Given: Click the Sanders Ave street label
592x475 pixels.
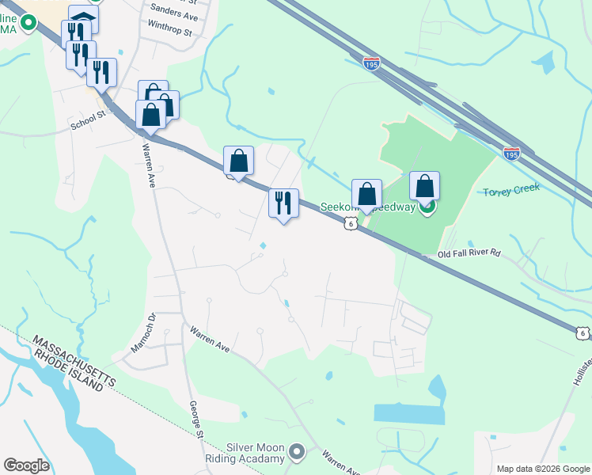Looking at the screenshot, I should click(x=174, y=15).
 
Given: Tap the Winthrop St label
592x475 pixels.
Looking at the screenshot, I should click(x=169, y=32).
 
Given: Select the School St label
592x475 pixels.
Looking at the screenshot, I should click(x=87, y=120).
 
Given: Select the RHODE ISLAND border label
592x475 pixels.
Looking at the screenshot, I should click(x=69, y=372).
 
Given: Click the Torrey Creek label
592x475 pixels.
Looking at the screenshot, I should click(x=511, y=189).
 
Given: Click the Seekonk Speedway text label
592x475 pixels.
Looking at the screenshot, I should click(x=372, y=207).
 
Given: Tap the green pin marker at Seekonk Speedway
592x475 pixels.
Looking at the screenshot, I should click(x=427, y=208).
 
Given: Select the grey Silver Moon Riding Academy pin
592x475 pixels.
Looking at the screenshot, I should click(x=297, y=452).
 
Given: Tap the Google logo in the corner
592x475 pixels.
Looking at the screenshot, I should click(x=26, y=465).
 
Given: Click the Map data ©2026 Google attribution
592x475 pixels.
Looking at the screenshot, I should click(x=543, y=469).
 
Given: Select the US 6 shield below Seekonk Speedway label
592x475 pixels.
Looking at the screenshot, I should click(x=350, y=225).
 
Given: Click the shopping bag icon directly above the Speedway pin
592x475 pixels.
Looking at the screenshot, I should click(x=425, y=187).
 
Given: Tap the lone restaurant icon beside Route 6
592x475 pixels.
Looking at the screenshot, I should click(x=283, y=203).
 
